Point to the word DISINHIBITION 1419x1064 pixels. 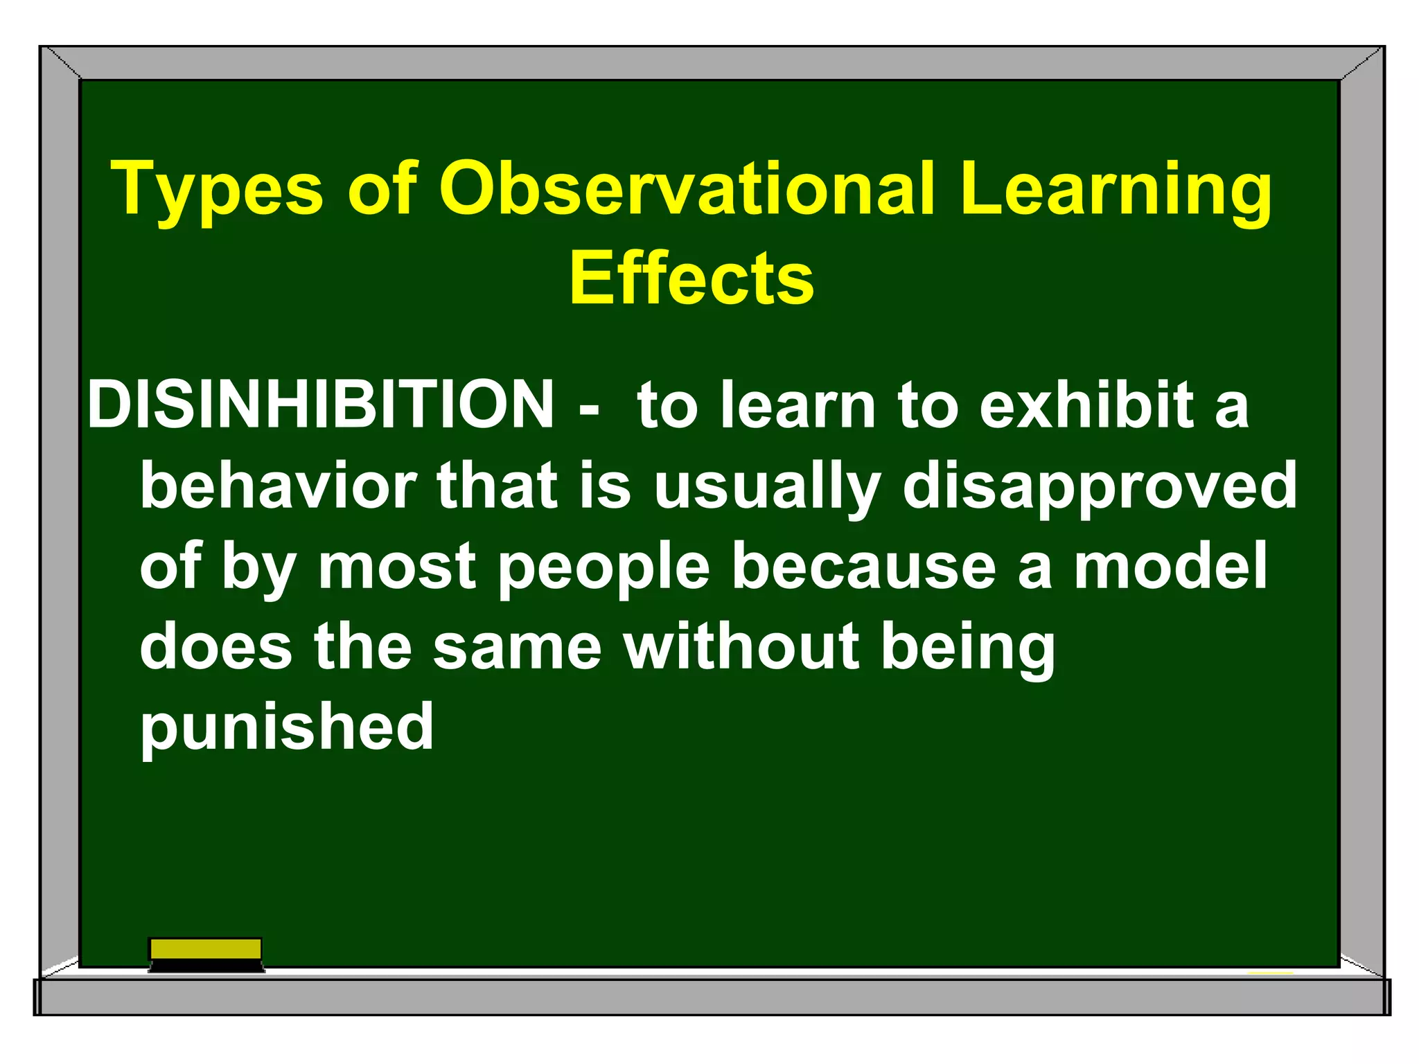click(321, 405)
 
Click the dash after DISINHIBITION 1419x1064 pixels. click(588, 409)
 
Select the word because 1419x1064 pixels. click(863, 567)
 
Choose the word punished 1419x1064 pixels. click(287, 728)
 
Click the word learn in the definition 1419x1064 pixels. click(797, 405)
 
